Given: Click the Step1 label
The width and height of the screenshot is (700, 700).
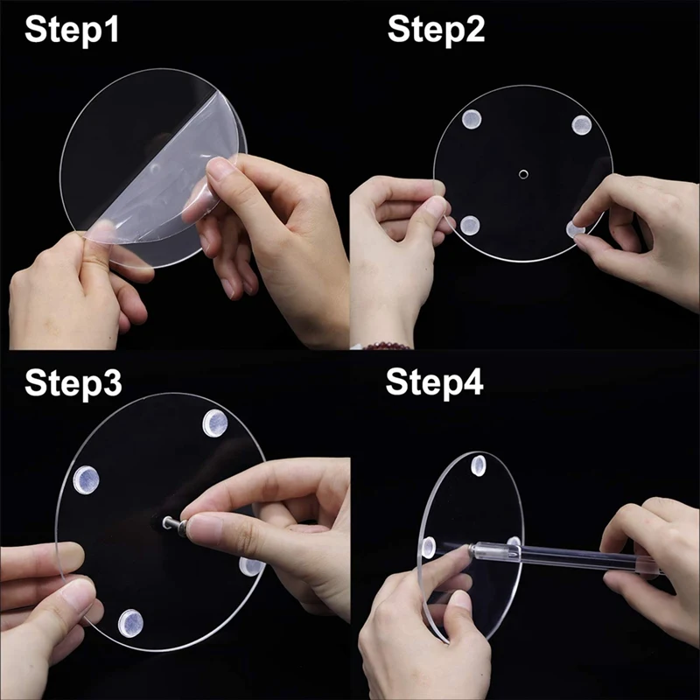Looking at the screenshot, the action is click(72, 30).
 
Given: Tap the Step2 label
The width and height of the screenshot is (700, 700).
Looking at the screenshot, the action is click(436, 30).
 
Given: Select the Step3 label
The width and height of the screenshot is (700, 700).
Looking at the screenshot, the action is click(73, 383).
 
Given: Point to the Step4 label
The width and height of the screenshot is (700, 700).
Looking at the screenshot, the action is click(434, 382).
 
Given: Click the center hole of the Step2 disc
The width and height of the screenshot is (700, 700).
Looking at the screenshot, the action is click(523, 173).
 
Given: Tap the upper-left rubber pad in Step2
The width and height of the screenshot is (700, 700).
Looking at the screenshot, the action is click(472, 119).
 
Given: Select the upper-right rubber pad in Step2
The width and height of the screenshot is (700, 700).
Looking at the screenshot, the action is click(582, 125).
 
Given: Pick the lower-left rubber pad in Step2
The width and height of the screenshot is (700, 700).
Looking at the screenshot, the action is click(470, 226).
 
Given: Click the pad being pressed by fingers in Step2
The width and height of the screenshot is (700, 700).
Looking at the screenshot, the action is click(575, 230).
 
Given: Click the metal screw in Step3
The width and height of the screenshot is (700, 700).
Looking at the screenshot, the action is click(172, 523).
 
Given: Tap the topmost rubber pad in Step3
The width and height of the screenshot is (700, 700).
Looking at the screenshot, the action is click(215, 423).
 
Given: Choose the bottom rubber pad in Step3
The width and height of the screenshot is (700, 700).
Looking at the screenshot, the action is click(130, 623).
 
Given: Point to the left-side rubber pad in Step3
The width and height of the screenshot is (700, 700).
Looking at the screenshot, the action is click(86, 479).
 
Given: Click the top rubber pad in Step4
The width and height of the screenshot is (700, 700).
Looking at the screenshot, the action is click(478, 465).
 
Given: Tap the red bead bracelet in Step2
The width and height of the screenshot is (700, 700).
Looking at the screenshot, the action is click(386, 345).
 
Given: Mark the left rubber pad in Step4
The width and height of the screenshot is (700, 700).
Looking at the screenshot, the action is click(429, 548).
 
